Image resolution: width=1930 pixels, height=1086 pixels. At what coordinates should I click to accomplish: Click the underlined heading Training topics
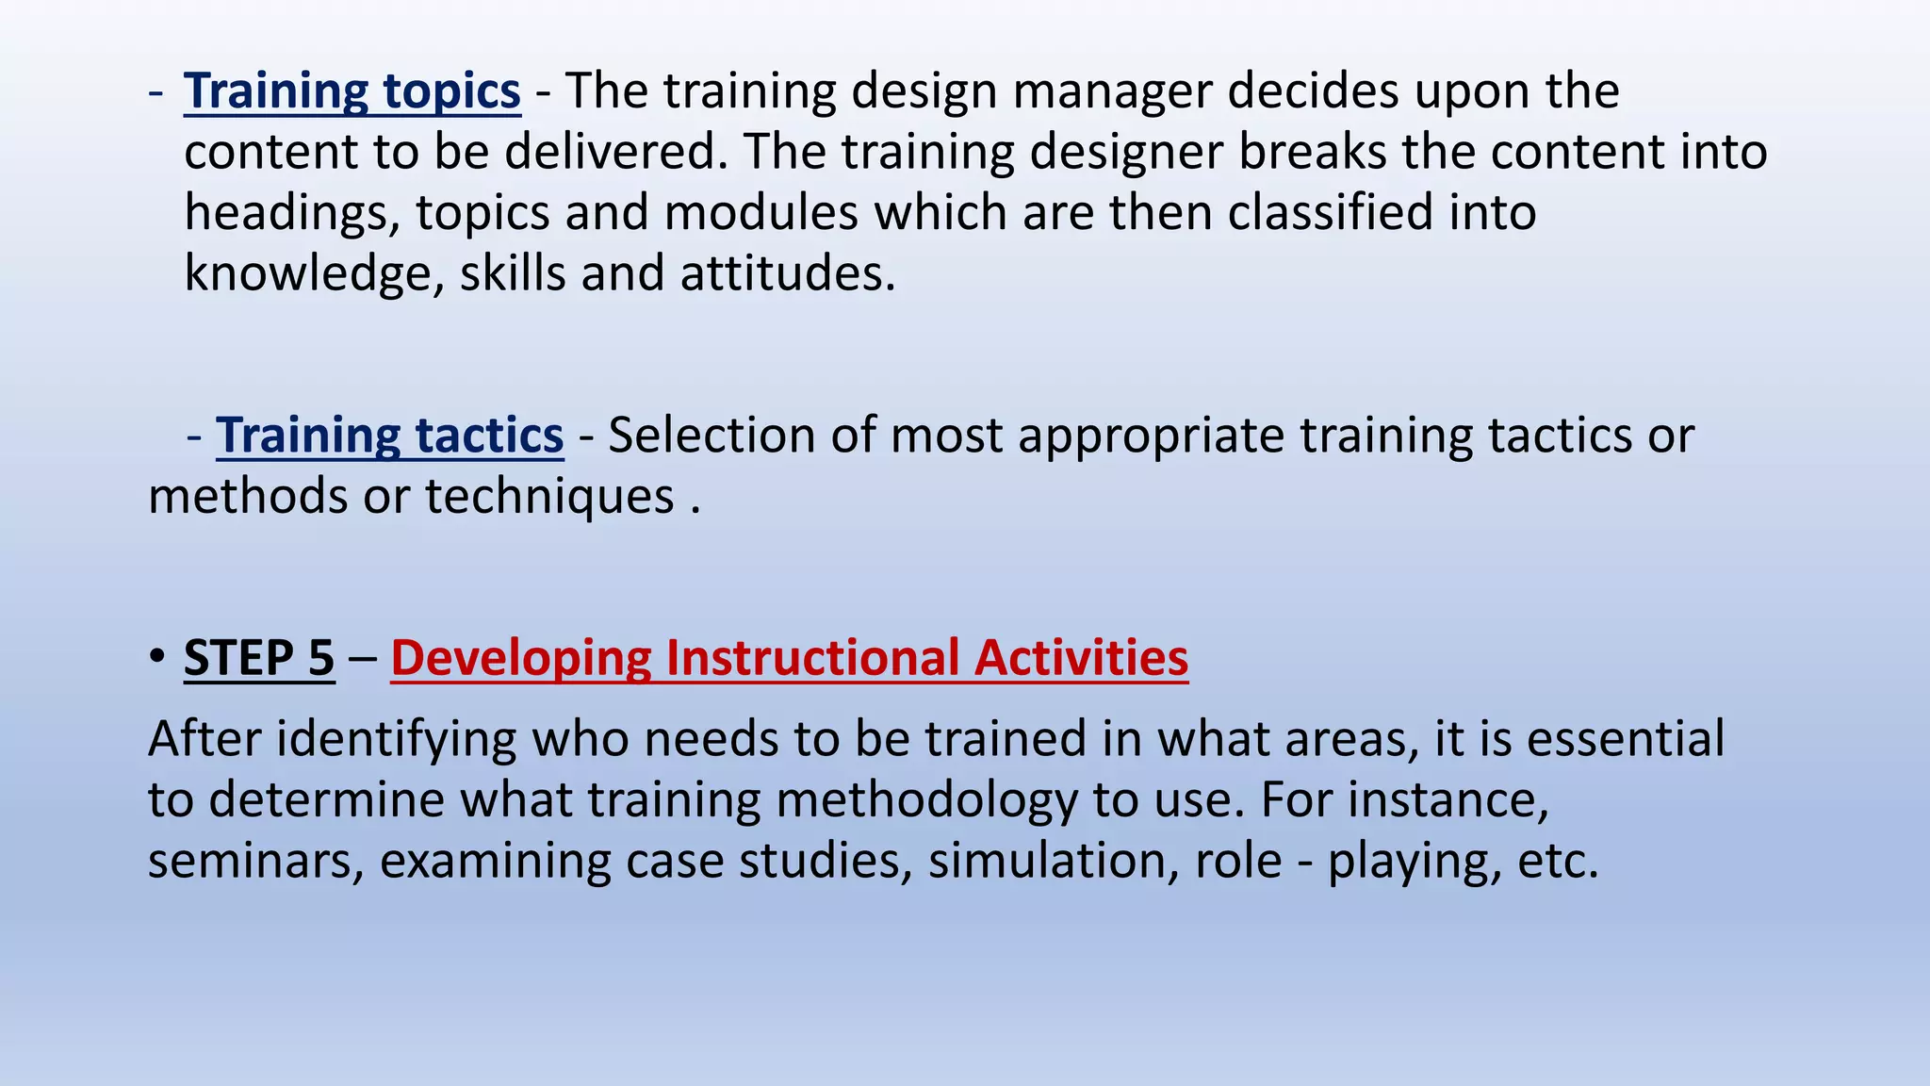point(352,91)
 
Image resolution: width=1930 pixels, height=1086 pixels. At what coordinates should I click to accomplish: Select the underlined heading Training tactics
point(389,436)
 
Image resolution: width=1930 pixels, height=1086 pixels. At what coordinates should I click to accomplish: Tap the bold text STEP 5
point(259,657)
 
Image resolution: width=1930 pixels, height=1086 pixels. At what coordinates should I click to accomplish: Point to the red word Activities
point(1081,657)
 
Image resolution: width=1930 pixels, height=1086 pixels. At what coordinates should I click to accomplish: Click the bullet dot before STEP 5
point(157,657)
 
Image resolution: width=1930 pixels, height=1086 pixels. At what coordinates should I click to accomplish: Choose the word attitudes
point(787,273)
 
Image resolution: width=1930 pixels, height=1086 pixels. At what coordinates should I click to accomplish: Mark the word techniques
point(549,496)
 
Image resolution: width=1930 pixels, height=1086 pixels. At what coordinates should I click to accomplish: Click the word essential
point(1626,738)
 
